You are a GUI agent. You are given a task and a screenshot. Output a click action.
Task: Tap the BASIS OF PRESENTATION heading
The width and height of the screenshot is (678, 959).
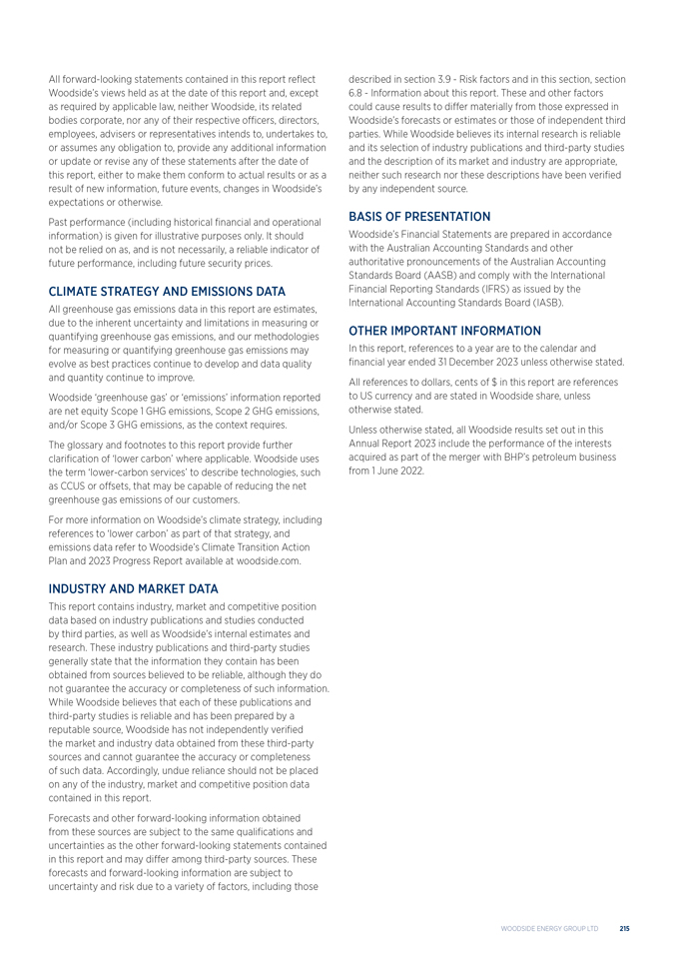418,216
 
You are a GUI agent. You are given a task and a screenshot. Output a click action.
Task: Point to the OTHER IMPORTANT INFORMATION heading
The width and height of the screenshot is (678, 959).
444,331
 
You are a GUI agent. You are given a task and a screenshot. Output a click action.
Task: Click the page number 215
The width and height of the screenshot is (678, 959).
624,928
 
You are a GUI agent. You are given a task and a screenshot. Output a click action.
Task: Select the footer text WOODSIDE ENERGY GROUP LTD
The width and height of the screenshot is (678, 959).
549,928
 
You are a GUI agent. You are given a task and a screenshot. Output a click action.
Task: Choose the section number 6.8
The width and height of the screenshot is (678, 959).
356,93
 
